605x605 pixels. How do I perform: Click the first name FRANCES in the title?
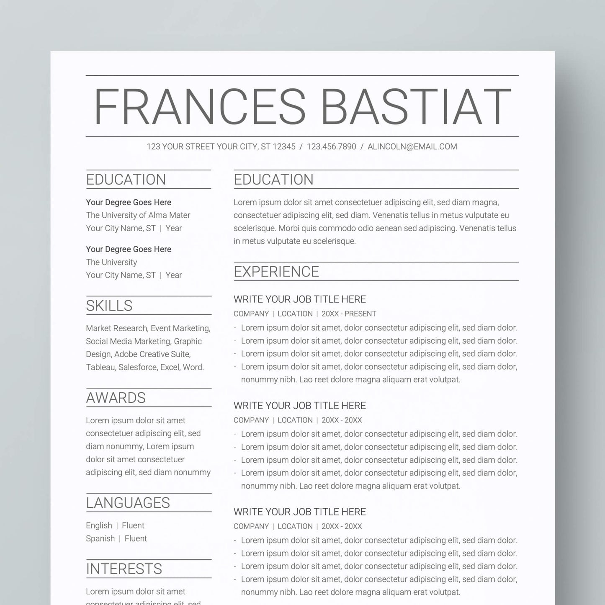(200, 107)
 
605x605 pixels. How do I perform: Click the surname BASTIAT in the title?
(416, 107)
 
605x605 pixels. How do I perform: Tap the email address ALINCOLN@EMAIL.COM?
(412, 147)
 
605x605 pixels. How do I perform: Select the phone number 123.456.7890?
(331, 147)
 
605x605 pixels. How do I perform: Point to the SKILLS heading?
(109, 306)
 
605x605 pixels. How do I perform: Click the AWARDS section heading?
(116, 398)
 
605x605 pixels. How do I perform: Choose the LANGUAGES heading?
(128, 503)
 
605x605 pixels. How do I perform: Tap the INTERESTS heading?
(124, 569)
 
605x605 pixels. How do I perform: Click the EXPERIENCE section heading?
(276, 272)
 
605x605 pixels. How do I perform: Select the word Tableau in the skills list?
(100, 367)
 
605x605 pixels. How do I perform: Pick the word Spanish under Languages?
(100, 538)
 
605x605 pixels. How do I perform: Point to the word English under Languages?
(99, 525)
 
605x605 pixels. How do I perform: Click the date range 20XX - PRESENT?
(349, 314)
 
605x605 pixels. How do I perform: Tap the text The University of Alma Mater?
(138, 215)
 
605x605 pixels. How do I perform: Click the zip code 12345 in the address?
(284, 147)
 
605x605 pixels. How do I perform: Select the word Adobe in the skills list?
(125, 354)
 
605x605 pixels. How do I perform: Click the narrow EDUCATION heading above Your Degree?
(126, 180)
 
